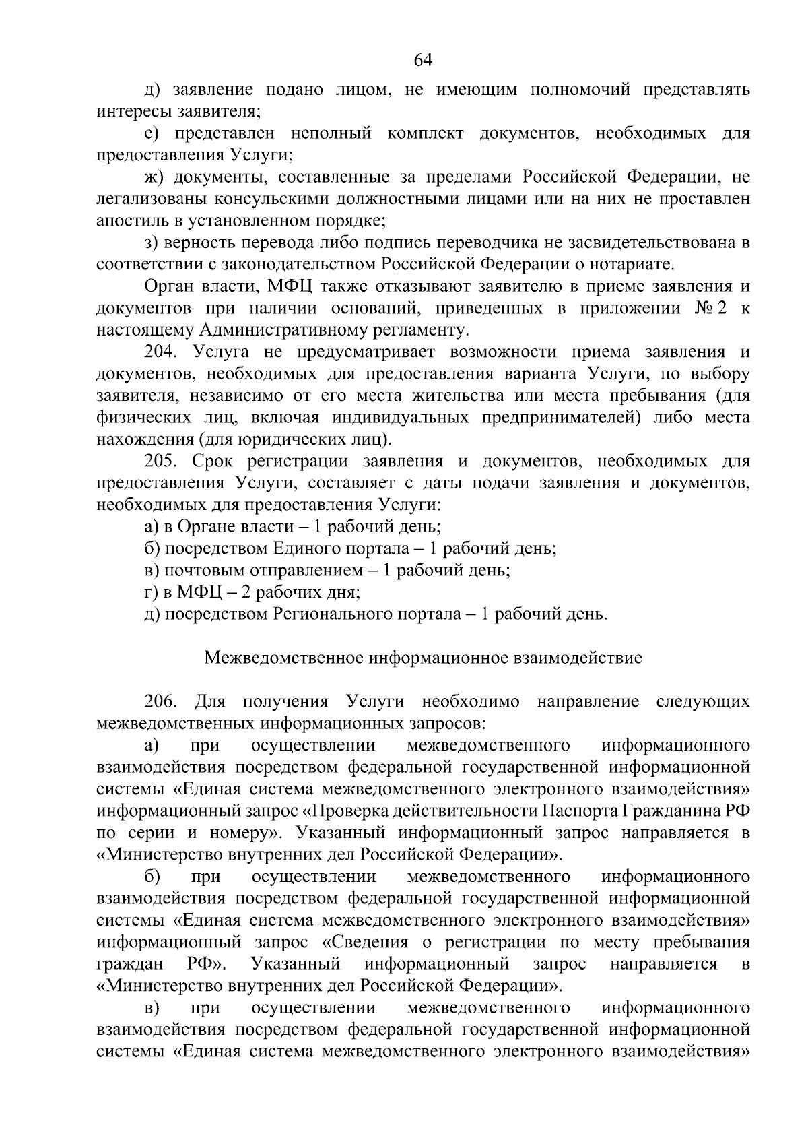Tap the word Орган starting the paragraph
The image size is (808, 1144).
pos(167,286)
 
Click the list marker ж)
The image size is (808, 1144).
pos(156,177)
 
